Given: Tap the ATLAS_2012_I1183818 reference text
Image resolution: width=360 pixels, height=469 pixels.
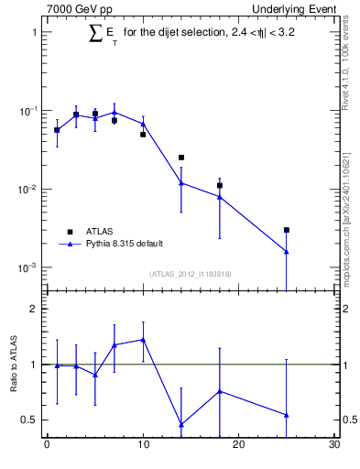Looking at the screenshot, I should click(x=191, y=273).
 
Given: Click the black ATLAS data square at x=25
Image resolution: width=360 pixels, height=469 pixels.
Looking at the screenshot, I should click(x=287, y=230).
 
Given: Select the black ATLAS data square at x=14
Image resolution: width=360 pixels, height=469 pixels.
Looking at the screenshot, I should click(x=181, y=158).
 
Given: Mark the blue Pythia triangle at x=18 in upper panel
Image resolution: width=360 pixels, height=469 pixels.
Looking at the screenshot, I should click(x=220, y=196).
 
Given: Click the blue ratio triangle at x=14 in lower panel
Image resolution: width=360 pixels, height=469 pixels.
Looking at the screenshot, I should click(x=181, y=424).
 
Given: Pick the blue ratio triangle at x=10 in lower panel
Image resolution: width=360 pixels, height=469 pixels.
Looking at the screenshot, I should click(x=143, y=340).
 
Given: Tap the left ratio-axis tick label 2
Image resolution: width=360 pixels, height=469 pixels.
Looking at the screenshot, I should click(x=32, y=309).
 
